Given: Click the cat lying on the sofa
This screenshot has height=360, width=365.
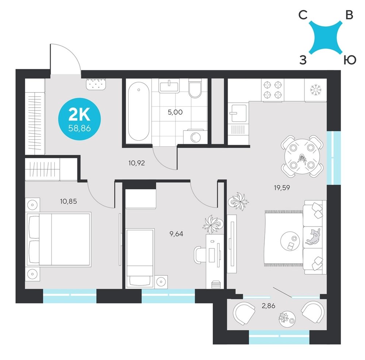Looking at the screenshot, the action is pyautogui.click(x=313, y=237).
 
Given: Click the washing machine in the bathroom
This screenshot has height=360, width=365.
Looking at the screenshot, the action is pyautogui.click(x=195, y=137).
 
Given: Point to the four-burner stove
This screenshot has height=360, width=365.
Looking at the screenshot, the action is pyautogui.click(x=273, y=90).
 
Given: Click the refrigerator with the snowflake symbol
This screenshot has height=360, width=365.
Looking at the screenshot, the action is pyautogui.click(x=316, y=90).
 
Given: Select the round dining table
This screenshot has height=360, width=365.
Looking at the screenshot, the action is pyautogui.click(x=302, y=156).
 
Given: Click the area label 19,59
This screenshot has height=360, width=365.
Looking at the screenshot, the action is pyautogui.click(x=282, y=188).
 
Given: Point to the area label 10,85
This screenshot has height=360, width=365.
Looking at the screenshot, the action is pyautogui.click(x=69, y=201).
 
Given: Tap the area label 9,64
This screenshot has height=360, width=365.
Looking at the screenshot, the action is pyautogui.click(x=176, y=234).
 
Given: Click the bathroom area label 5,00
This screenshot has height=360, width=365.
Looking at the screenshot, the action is pyautogui.click(x=175, y=112).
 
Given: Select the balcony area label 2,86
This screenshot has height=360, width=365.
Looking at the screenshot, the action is pyautogui.click(x=268, y=306).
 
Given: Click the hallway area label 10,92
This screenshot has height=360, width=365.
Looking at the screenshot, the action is pyautogui.click(x=137, y=163).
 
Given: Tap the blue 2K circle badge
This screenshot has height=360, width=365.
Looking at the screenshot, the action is pyautogui.click(x=79, y=119).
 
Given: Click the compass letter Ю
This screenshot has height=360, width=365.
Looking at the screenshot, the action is pyautogui.click(x=350, y=60).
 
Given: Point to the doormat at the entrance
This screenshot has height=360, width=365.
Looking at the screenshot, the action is pyautogui.click(x=96, y=84).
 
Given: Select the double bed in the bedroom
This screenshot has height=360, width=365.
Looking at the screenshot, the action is pyautogui.click(x=58, y=239).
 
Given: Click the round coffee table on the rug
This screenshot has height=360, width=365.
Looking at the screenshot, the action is pyautogui.click(x=291, y=241).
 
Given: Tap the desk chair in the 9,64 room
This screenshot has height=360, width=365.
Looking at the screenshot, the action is pyautogui.click(x=200, y=255).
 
